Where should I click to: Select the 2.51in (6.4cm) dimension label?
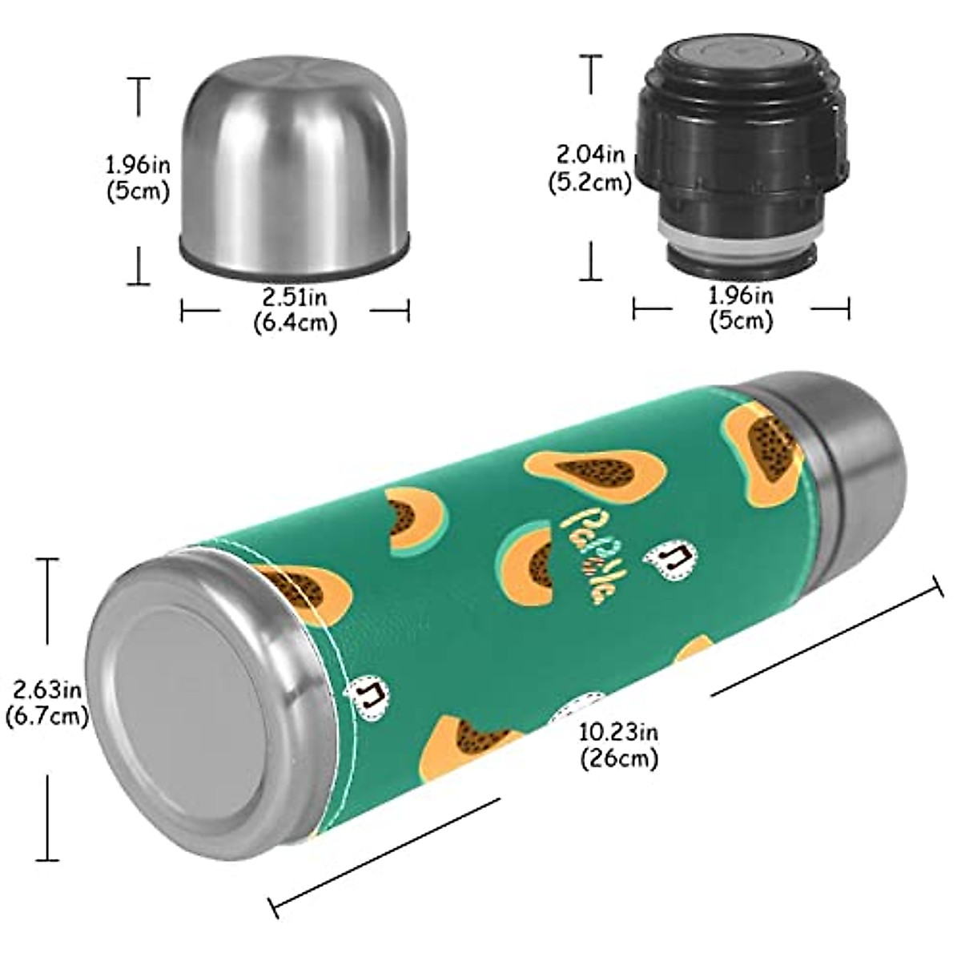(x=295, y=310)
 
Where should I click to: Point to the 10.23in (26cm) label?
(x=618, y=744)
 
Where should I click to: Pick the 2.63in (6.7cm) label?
(x=46, y=702)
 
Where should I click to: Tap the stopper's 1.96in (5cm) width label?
(x=741, y=308)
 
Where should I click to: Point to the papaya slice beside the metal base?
(x=300, y=589)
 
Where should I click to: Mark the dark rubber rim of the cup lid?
(x=295, y=258)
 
